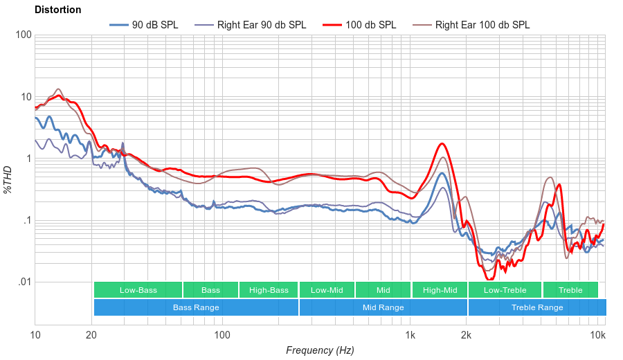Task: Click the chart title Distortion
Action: point(57,10)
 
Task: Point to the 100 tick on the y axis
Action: point(24,35)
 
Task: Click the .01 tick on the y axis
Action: point(24,282)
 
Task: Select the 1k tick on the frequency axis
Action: point(410,334)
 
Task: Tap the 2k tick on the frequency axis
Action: point(467,334)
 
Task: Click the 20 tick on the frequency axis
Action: point(91,334)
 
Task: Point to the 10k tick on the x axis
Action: point(597,334)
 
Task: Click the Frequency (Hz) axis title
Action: point(320,350)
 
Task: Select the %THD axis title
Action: point(8,179)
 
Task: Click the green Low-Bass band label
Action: point(138,290)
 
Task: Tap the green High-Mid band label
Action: point(440,290)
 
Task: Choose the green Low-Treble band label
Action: point(505,290)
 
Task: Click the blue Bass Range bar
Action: point(196,307)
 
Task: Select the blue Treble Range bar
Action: point(536,307)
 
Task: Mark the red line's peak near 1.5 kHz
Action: point(441,144)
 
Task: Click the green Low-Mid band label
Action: point(326,290)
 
